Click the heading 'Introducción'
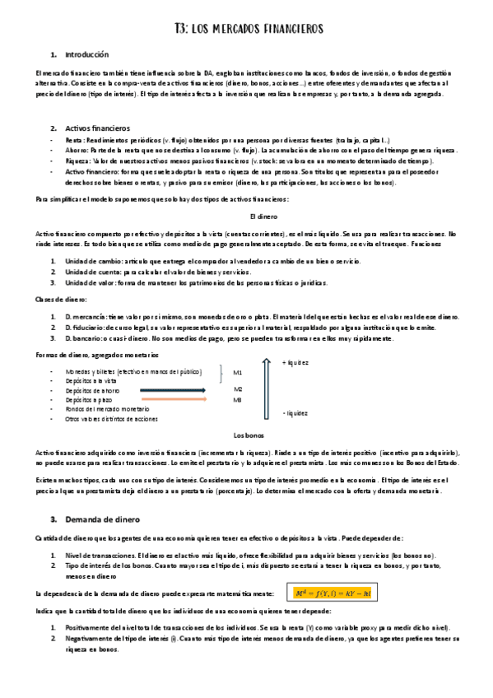point(86,54)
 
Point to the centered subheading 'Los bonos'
point(248,435)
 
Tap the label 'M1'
point(238,372)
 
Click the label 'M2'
point(238,389)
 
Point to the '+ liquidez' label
point(295,363)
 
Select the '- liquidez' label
point(295,413)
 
